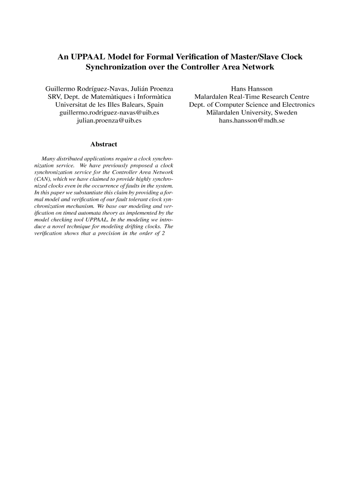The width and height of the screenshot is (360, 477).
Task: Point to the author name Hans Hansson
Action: coord(252,89)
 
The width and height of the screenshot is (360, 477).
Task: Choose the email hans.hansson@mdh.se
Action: coord(252,121)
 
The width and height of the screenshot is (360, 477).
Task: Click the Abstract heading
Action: coord(103,144)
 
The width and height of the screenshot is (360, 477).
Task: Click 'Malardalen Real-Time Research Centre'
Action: coord(252,97)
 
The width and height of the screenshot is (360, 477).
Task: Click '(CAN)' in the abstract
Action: coord(43,178)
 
